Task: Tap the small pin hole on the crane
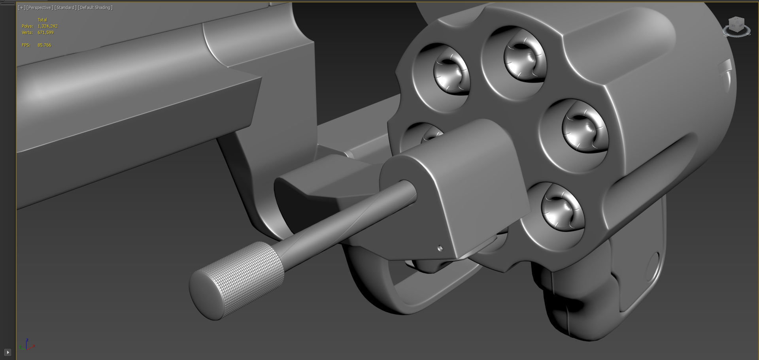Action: click(440, 248)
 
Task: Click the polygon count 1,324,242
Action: click(47, 26)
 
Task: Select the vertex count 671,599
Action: click(45, 32)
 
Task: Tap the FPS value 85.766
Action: click(44, 45)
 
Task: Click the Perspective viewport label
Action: click(40, 8)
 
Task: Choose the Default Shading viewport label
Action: click(95, 8)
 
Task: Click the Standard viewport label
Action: click(65, 8)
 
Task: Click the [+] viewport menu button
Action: click(21, 8)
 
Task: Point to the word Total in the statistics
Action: click(42, 20)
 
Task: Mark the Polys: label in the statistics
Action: click(27, 26)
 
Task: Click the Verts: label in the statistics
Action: click(27, 32)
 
